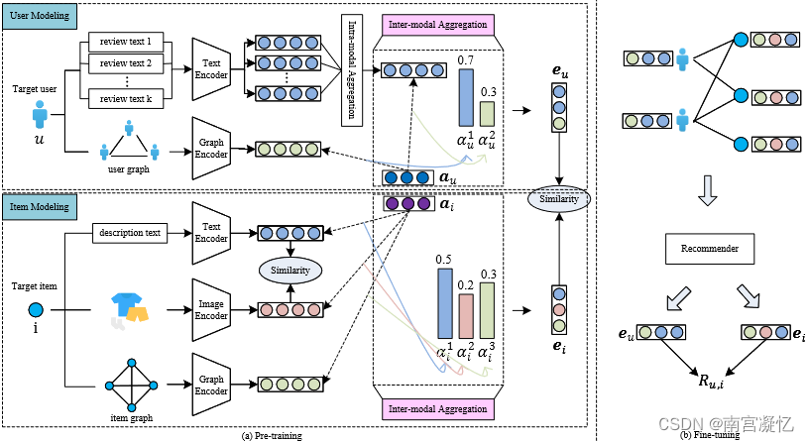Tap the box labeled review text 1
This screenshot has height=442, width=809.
(x=126, y=43)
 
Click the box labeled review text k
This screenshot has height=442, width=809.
(x=126, y=98)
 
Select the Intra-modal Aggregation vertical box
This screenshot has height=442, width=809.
(x=350, y=70)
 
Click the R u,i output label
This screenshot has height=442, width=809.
(x=706, y=376)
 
